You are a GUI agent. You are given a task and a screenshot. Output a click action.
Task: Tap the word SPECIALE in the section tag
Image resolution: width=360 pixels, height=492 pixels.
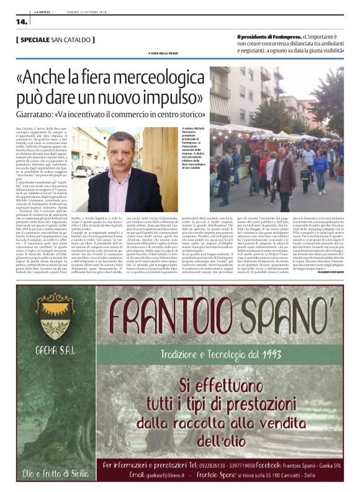coord(39,40)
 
